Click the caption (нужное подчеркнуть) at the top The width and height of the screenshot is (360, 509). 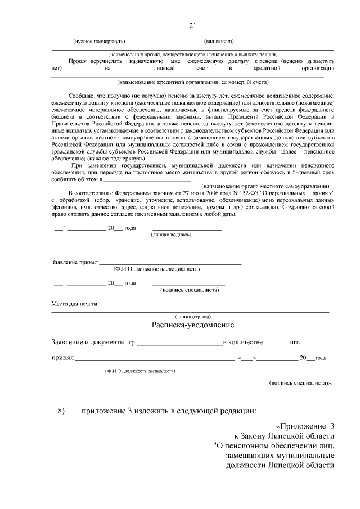tap(100, 42)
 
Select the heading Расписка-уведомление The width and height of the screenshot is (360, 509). tap(192, 325)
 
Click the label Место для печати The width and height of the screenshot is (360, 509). tap(74, 304)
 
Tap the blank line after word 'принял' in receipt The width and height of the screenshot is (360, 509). tap(155, 358)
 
